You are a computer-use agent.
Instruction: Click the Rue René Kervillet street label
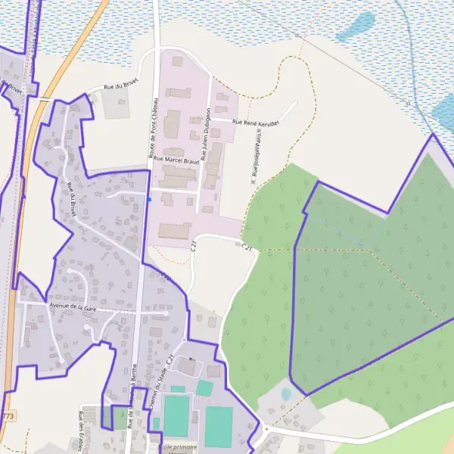[256, 122]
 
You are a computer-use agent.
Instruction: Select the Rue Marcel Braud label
[176, 160]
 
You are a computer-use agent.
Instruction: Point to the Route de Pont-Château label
[153, 129]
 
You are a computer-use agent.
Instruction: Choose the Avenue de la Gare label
[73, 307]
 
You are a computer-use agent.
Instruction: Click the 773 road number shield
[8, 416]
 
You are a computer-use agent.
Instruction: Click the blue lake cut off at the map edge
[443, 110]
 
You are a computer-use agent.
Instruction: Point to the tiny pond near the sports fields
[286, 394]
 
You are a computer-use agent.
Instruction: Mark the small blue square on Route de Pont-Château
[150, 200]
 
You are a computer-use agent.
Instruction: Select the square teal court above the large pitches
[204, 388]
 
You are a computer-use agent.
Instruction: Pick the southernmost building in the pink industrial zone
[175, 231]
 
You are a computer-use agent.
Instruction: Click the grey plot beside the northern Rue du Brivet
[116, 105]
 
